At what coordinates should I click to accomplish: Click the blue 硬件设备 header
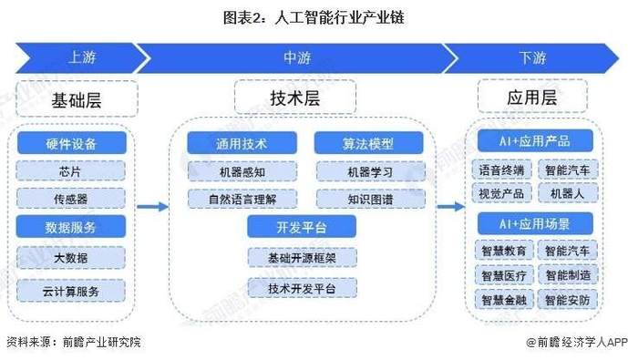71,143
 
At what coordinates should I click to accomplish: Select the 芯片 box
71,170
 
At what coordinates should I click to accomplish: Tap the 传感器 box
71,197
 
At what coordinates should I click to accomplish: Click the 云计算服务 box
71,290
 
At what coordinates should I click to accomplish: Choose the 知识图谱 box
370,197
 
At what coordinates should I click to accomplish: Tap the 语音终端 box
501,170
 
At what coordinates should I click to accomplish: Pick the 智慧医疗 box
501,273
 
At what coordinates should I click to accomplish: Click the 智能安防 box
567,298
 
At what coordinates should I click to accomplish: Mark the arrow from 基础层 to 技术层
156,207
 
